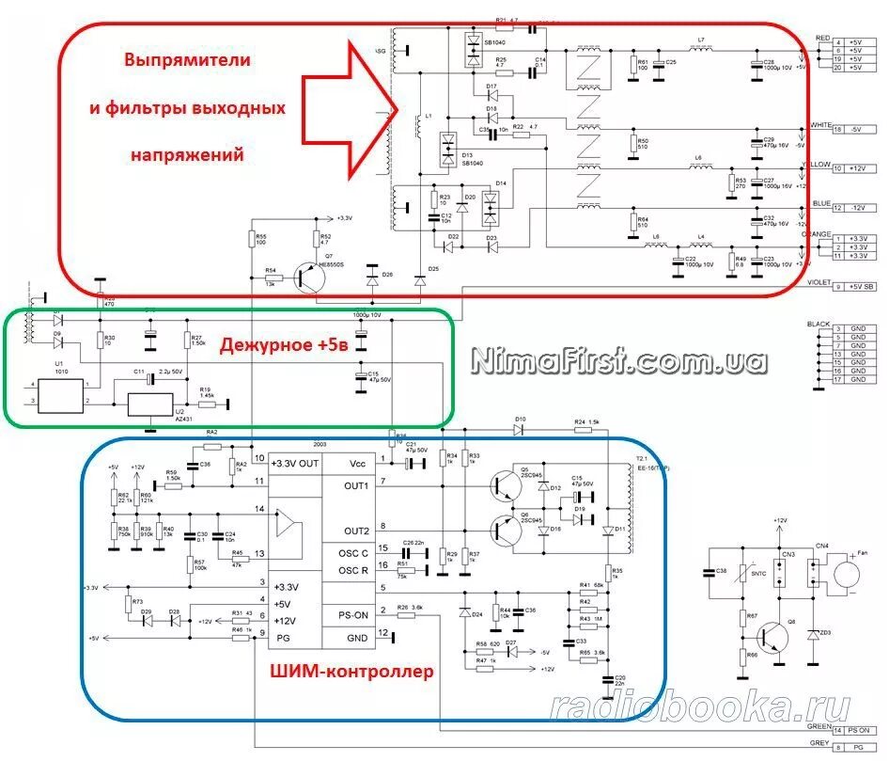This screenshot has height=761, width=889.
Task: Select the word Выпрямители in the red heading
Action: pos(188,59)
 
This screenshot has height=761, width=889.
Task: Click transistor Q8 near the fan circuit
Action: pos(776,637)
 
